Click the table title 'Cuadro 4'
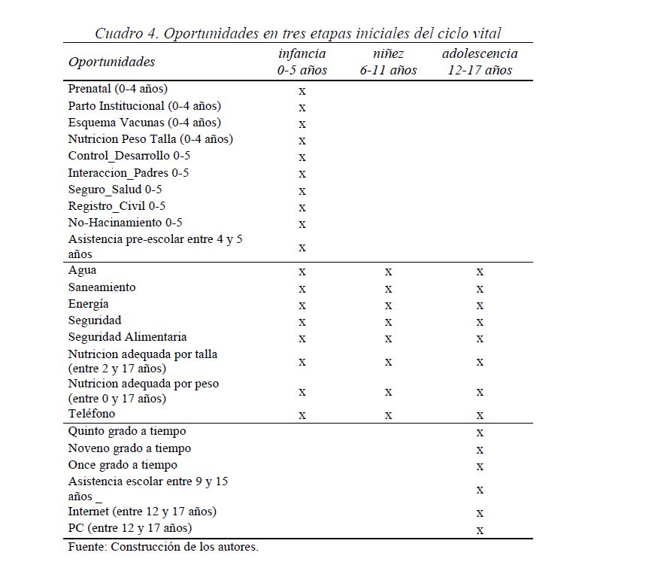pyautogui.click(x=298, y=33)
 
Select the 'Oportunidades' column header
pyautogui.click(x=111, y=62)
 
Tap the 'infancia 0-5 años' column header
pyautogui.click(x=302, y=62)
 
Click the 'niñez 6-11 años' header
pyautogui.click(x=388, y=62)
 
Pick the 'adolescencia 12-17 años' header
pyautogui.click(x=479, y=62)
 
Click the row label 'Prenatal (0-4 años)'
pyautogui.click(x=117, y=89)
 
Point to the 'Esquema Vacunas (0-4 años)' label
pyautogui.click(x=144, y=123)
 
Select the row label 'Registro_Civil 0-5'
pyautogui.click(x=117, y=206)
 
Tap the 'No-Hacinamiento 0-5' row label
pyautogui.click(x=125, y=223)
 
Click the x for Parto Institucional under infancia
pyautogui.click(x=302, y=107)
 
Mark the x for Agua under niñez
pyautogui.click(x=388, y=272)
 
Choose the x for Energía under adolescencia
pyautogui.click(x=480, y=305)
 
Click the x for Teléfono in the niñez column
pyautogui.click(x=388, y=415)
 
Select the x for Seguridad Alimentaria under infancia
pyautogui.click(x=302, y=339)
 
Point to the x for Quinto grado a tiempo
pyautogui.click(x=480, y=433)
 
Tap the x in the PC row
pyautogui.click(x=480, y=530)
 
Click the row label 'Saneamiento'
pyautogui.click(x=102, y=287)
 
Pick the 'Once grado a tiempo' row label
pyautogui.click(x=123, y=465)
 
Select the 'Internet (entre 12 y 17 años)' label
pyautogui.click(x=142, y=512)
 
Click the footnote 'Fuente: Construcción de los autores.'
pyautogui.click(x=163, y=547)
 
